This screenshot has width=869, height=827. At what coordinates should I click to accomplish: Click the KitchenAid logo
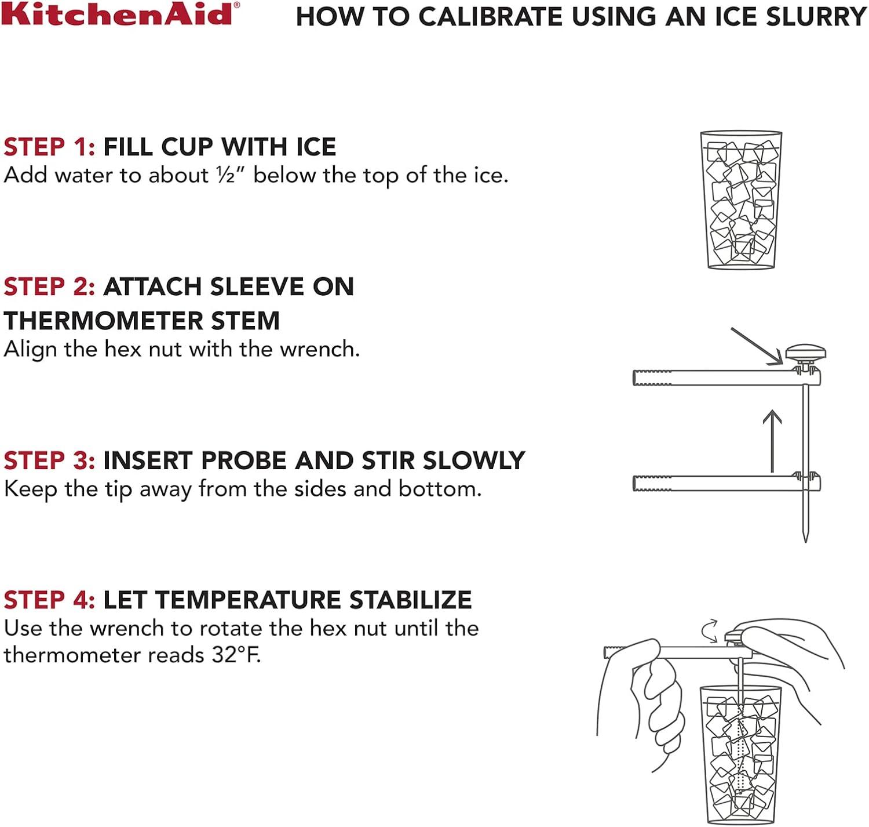tap(121, 14)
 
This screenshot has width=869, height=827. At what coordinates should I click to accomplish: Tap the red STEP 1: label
tap(49, 147)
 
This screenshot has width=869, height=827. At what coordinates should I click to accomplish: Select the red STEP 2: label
tap(49, 286)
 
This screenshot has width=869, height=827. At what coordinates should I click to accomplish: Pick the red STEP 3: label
tap(49, 460)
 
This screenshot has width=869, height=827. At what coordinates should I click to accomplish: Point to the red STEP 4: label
tap(49, 600)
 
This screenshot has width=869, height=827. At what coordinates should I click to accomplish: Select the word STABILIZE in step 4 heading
tap(411, 600)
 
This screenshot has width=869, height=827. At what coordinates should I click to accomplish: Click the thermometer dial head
tap(805, 353)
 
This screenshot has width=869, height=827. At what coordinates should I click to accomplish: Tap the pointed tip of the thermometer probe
tap(805, 541)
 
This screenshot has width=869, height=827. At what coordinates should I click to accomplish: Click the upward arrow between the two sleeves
tap(772, 441)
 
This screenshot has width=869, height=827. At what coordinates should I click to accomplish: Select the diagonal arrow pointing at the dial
tap(757, 346)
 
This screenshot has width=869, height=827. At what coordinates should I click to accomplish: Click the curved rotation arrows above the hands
tap(710, 631)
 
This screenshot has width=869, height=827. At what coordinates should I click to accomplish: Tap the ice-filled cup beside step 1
tap(742, 200)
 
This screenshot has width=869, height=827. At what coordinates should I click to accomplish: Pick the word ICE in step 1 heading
tap(316, 147)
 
